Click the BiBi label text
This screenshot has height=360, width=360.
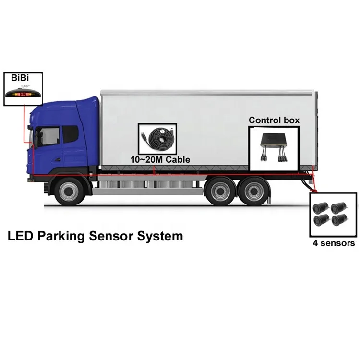point(20,78)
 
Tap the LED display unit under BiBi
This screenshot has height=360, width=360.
point(23,93)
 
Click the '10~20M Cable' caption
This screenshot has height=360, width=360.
point(160,159)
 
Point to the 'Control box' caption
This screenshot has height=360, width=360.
point(274,120)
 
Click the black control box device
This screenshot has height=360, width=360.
point(274,146)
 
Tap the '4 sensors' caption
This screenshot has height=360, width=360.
point(334,243)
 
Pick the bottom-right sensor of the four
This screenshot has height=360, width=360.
point(339,220)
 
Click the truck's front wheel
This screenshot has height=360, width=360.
point(68,191)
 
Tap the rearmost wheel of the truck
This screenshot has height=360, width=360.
point(254,191)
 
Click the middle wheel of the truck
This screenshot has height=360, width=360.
point(220,191)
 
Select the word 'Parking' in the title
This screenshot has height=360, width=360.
point(61,236)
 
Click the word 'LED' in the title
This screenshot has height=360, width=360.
point(21,236)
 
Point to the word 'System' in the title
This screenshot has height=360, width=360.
point(160,237)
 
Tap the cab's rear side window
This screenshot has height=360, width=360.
point(70,134)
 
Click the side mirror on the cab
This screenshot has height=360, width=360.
point(36,139)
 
